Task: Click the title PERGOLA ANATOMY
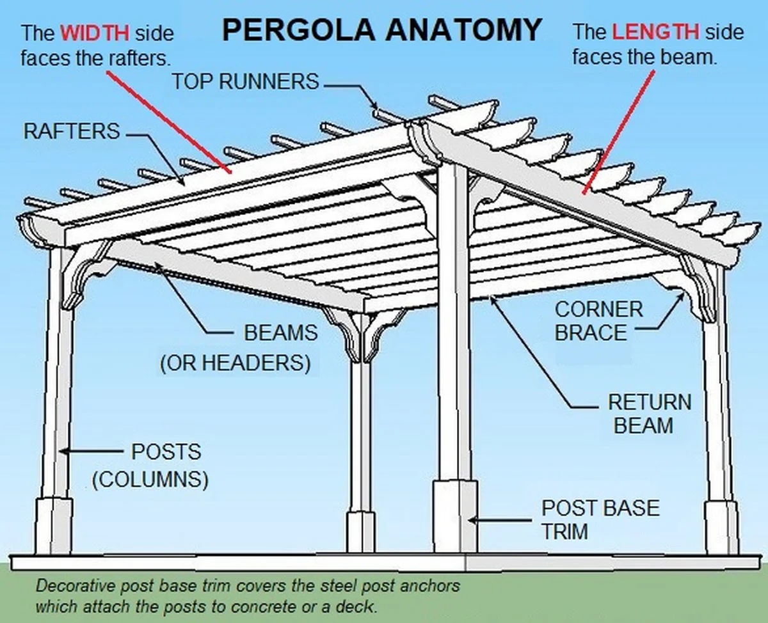pyautogui.click(x=383, y=30)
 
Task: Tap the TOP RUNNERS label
pyautogui.click(x=245, y=81)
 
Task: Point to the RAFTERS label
pyautogui.click(x=72, y=132)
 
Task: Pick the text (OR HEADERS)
pyautogui.click(x=235, y=363)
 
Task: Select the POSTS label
pyautogui.click(x=166, y=452)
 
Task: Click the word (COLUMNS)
pyautogui.click(x=150, y=480)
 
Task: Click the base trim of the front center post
pyautogui.click(x=455, y=514)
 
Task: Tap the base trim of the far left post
pyautogui.click(x=52, y=524)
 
